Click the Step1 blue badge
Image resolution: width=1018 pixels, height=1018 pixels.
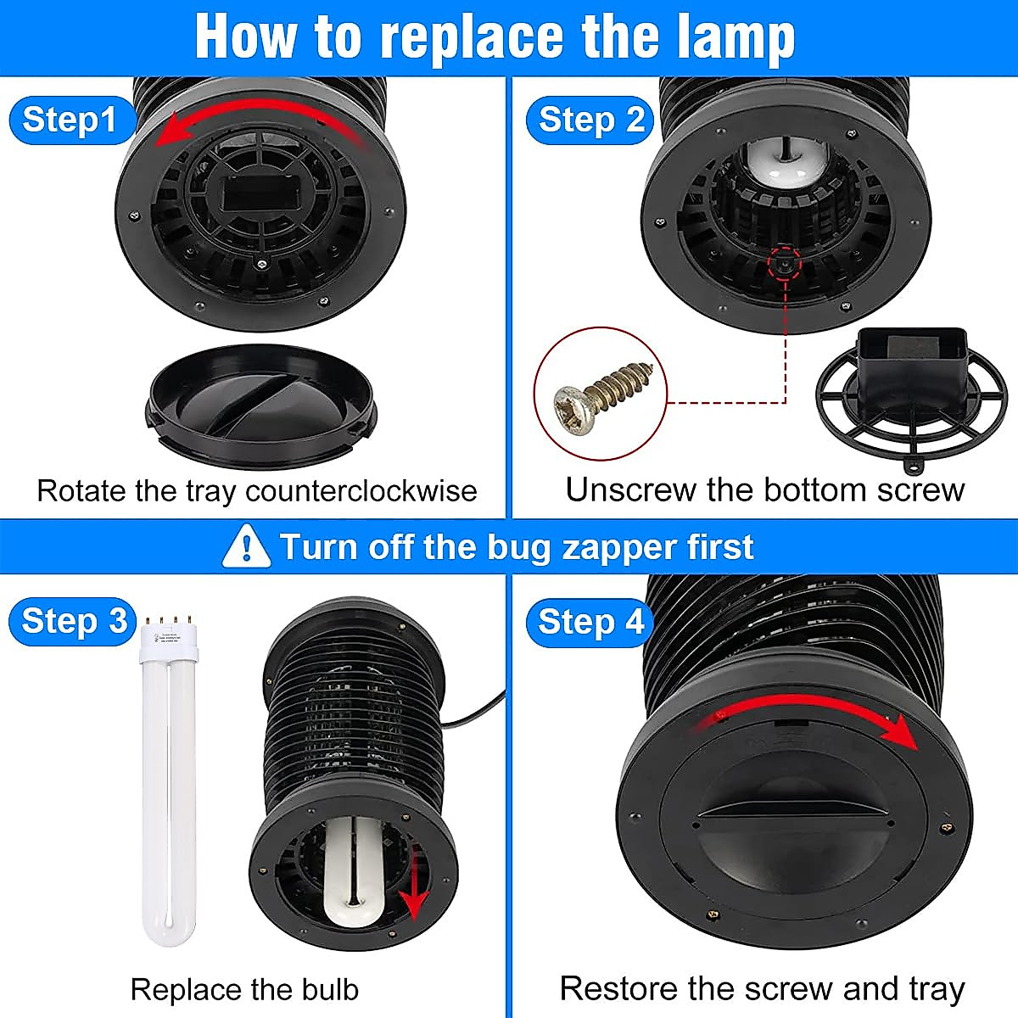coord(70,120)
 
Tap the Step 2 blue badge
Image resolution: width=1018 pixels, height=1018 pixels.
coord(590,120)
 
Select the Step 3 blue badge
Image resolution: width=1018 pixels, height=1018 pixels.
coord(73,621)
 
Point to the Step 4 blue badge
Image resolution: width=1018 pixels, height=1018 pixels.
coord(590,622)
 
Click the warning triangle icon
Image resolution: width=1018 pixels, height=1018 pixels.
coord(246,547)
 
